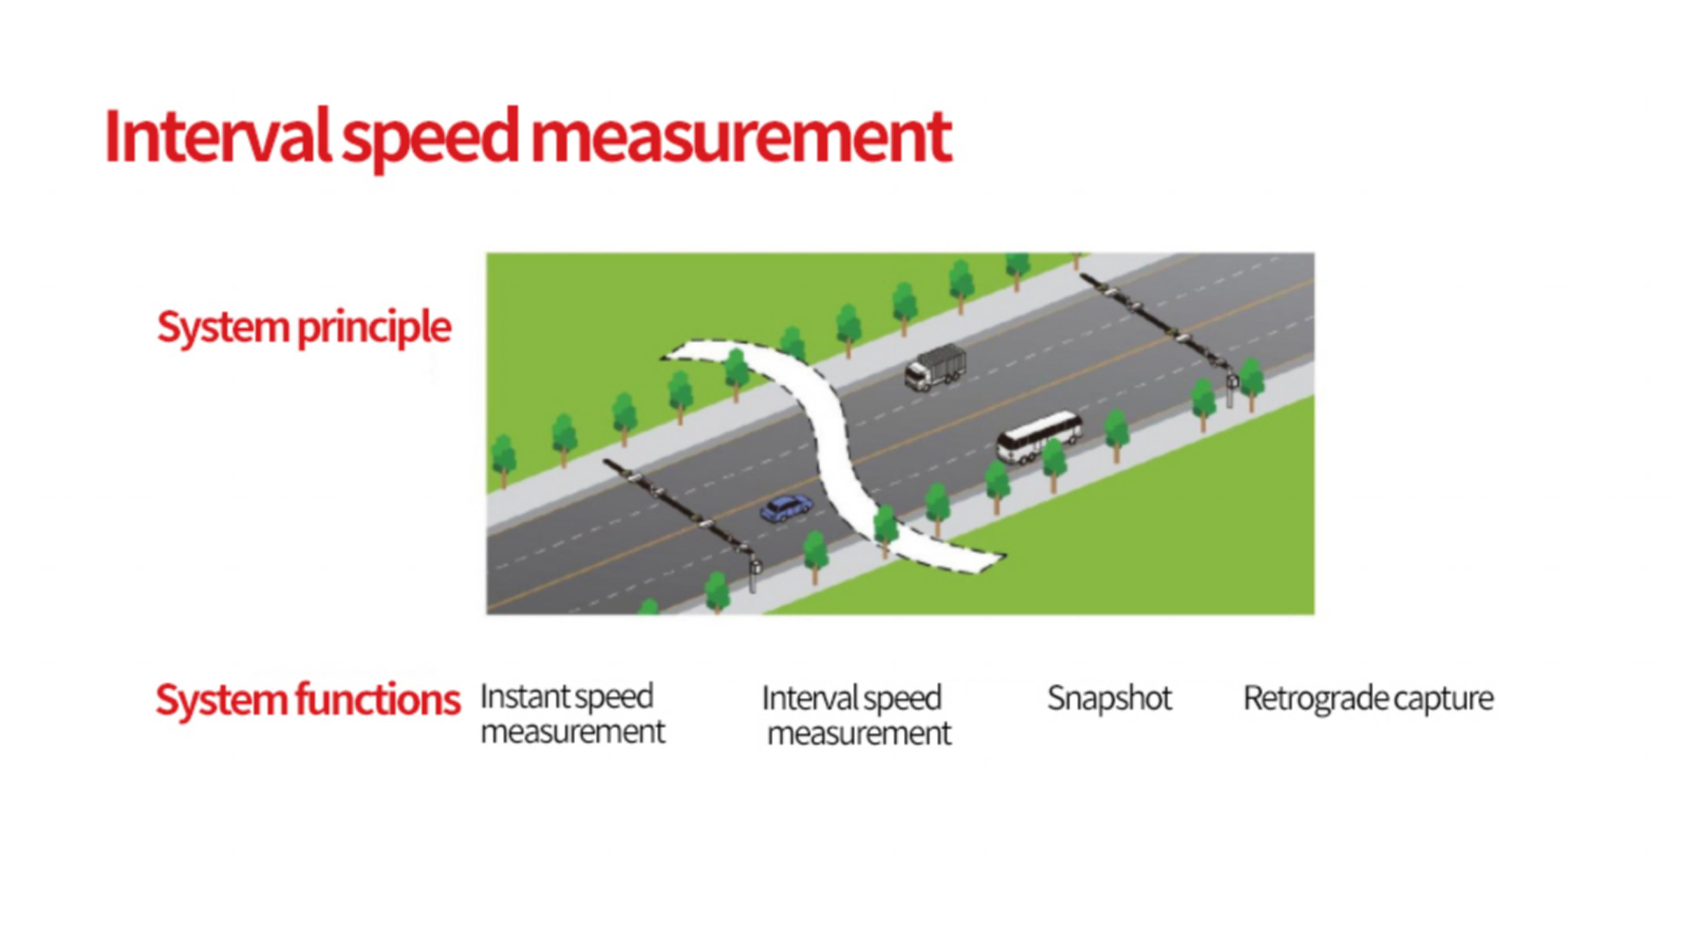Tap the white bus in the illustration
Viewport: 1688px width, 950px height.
pos(1039,436)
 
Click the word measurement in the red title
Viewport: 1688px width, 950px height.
pos(740,138)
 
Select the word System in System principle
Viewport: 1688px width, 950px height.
pos(223,327)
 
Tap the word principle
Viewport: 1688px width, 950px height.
pos(374,328)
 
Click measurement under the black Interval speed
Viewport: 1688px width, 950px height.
pos(859,733)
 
